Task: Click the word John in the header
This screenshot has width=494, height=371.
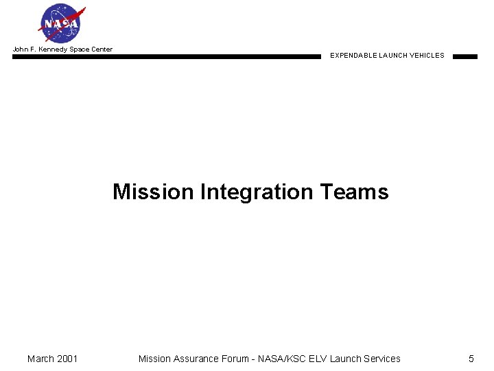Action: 20,49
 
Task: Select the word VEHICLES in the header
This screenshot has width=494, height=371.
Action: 427,56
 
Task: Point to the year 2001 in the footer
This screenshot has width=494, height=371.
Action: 67,359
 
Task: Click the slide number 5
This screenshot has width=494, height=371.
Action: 471,359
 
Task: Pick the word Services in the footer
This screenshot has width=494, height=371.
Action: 382,359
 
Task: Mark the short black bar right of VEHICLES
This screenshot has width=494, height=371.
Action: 464,56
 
